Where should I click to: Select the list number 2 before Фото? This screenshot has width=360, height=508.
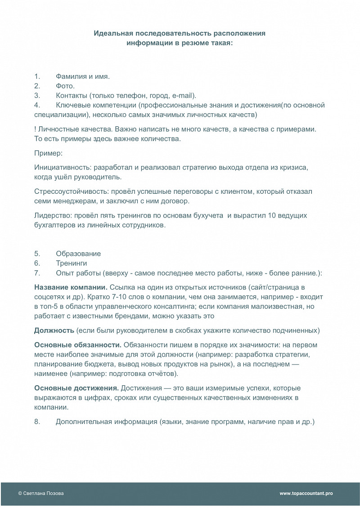pos(37,86)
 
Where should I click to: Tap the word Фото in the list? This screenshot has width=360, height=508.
pos(65,86)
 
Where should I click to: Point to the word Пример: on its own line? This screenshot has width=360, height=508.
pos(48,153)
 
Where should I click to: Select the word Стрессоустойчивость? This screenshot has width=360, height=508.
pos(67,192)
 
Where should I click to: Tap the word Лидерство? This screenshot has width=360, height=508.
pos(51,216)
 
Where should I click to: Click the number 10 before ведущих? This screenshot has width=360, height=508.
pos(272,216)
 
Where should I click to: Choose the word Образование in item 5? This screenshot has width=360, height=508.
pos(78,254)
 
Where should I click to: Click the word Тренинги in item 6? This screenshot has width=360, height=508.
pos(72,263)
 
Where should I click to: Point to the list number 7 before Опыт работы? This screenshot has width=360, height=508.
pos(37,273)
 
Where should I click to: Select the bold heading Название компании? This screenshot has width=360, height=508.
pos(71,287)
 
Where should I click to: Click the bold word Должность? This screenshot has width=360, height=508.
pos(54,330)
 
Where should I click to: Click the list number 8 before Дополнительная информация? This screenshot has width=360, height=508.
pos(37,422)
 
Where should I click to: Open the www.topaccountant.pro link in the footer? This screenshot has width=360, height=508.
pos(306,493)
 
